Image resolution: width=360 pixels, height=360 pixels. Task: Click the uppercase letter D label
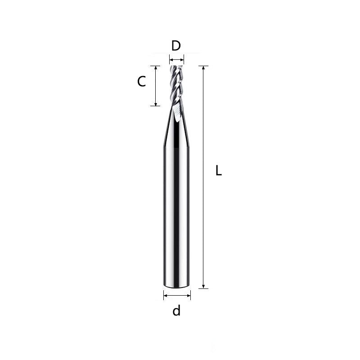pos(176,45)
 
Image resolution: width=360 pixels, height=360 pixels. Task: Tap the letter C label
pos(141,82)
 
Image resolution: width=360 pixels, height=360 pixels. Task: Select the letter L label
pos(219,171)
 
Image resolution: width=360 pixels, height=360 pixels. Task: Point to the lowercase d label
pos(176,310)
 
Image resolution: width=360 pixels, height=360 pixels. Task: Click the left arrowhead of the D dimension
pos(171,58)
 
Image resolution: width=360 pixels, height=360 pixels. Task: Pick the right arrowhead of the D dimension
pos(182,58)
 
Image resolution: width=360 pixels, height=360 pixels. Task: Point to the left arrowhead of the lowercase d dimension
pos(165,296)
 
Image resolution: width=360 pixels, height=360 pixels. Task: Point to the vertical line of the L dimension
pos(204,180)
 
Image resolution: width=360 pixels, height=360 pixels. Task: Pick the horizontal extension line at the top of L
pos(204,66)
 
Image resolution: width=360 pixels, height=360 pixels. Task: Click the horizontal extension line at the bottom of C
pos(155,106)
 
